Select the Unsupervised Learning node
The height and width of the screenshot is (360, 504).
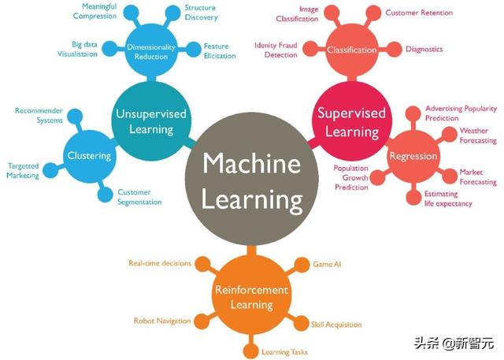pyautogui.click(x=150, y=121)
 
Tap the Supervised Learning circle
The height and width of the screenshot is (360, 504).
pyautogui.click(x=351, y=119)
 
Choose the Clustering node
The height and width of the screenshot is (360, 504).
pyautogui.click(x=89, y=155)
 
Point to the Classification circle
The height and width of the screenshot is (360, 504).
pyautogui.click(x=351, y=50)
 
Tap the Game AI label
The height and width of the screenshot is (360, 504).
pyautogui.click(x=327, y=263)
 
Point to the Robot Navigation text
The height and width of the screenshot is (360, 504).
pyautogui.click(x=162, y=321)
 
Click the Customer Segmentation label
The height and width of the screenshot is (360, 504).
pyautogui.click(x=139, y=197)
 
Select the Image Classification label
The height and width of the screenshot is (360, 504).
pyautogui.click(x=298, y=15)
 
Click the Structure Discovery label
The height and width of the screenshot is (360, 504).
pyautogui.click(x=201, y=12)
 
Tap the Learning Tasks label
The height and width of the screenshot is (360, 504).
pyautogui.click(x=284, y=351)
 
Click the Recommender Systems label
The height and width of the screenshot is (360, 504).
pyautogui.click(x=39, y=115)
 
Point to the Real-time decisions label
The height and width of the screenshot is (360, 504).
pyautogui.click(x=159, y=263)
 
